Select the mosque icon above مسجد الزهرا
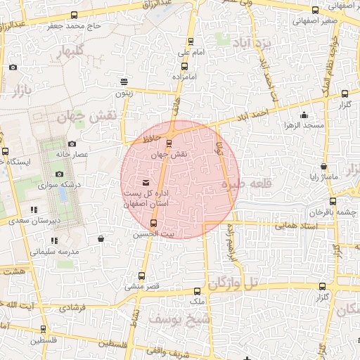(x=304, y=115)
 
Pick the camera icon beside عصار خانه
(x=72, y=144)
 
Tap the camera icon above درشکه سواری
(x=59, y=174)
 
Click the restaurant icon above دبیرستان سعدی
(x=34, y=210)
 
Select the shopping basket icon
(x=101, y=238)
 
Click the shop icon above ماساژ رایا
(x=323, y=167)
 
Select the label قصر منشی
(x=143, y=287)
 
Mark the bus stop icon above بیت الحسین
(x=154, y=224)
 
